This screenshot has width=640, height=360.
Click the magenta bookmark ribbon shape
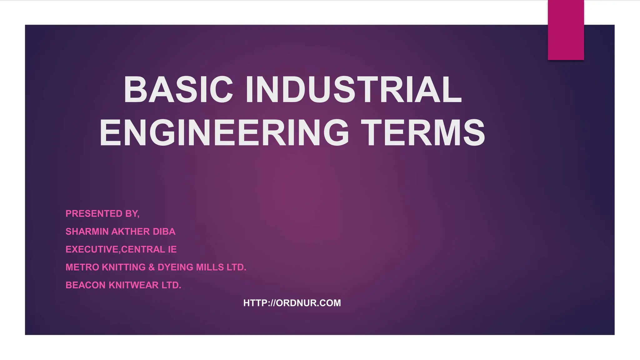566,30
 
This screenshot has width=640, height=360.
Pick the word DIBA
164,232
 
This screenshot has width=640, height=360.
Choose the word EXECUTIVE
92,249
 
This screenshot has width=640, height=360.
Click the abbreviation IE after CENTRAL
172,249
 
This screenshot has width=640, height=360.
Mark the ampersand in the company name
152,267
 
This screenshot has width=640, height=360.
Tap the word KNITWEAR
133,285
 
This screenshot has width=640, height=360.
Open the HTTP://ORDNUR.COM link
292,303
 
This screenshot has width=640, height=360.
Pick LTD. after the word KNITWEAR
171,285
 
